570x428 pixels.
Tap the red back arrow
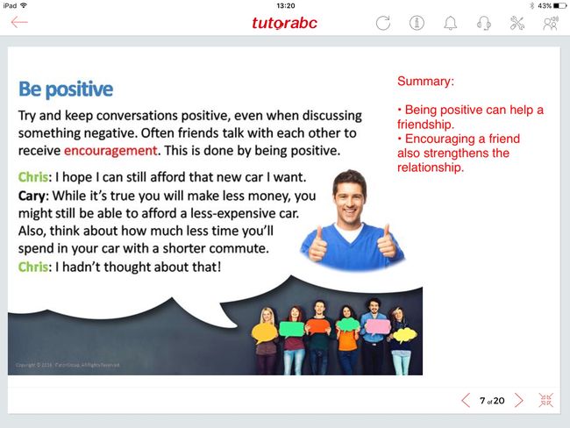(19, 22)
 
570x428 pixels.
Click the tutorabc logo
(284, 23)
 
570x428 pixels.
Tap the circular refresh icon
(383, 23)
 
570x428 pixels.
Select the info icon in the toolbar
(417, 23)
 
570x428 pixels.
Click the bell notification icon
(451, 23)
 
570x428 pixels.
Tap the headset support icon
(484, 23)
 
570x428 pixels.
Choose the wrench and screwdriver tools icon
(517, 23)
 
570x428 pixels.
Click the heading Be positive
(66, 89)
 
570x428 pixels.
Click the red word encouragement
(110, 151)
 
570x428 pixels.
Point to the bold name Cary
(32, 196)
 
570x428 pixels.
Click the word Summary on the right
(424, 81)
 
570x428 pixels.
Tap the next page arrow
(519, 400)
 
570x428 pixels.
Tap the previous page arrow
(466, 400)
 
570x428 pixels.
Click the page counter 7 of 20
(492, 401)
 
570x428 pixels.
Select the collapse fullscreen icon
(546, 400)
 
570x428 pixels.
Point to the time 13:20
(285, 5)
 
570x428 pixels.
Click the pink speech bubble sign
(378, 326)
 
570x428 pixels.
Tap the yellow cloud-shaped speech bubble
(404, 335)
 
